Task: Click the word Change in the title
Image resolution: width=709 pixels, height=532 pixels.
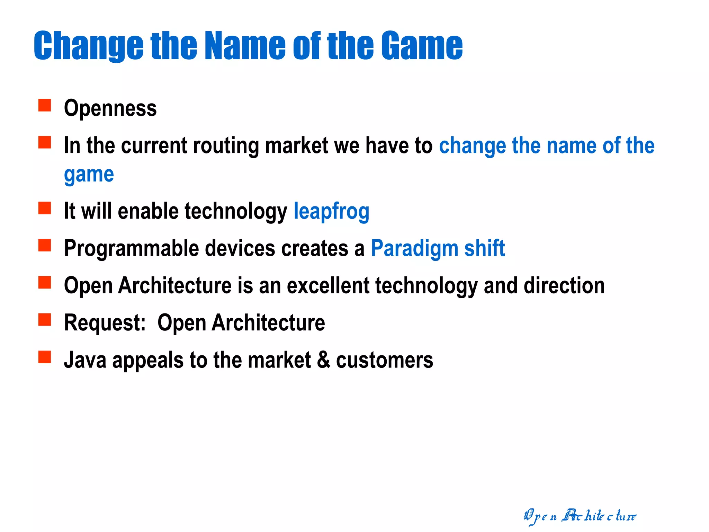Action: point(88,45)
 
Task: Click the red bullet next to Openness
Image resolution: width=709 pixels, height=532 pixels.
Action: point(45,105)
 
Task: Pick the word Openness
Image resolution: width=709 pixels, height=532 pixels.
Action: point(110,108)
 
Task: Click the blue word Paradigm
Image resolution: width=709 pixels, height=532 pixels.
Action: point(414,249)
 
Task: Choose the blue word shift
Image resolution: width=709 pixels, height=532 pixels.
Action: point(484,249)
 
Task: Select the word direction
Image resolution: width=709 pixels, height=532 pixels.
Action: point(564,286)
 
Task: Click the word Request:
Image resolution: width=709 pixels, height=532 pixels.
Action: point(105,323)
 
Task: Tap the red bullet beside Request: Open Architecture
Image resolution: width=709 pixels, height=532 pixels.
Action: point(45,320)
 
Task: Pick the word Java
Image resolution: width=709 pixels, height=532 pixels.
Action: point(85,360)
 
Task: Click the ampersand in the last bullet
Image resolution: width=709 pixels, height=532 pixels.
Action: point(323,360)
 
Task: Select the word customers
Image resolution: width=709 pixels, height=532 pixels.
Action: point(384,360)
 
